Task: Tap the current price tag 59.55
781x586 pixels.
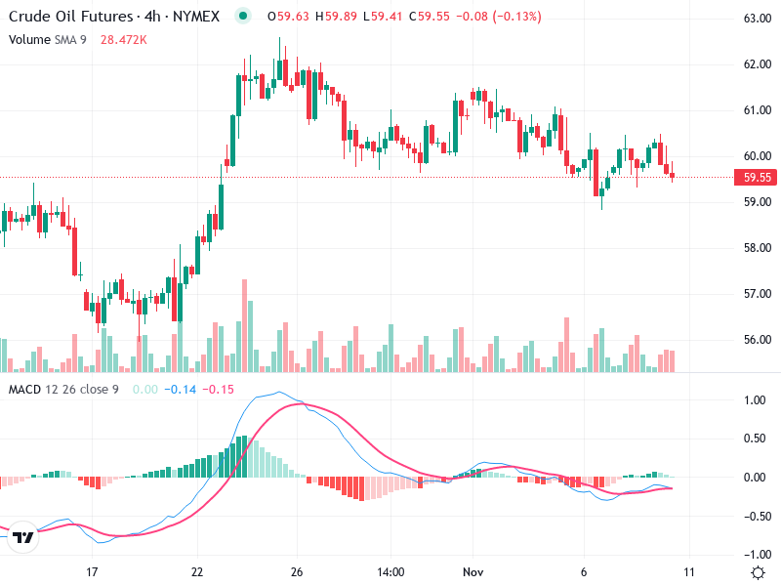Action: pyautogui.click(x=758, y=178)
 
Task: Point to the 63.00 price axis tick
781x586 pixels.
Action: pyautogui.click(x=758, y=19)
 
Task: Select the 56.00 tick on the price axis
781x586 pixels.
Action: pyautogui.click(x=758, y=340)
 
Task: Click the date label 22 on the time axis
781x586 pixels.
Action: pyautogui.click(x=197, y=571)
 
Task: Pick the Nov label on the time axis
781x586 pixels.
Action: pyautogui.click(x=473, y=571)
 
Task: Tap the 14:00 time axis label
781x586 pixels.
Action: pyautogui.click(x=390, y=571)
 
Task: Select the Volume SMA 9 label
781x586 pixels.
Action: pyautogui.click(x=48, y=39)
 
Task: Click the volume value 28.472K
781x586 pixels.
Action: pyautogui.click(x=124, y=39)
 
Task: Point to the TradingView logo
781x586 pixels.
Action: pyautogui.click(x=23, y=537)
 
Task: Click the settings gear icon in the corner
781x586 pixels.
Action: pyautogui.click(x=758, y=571)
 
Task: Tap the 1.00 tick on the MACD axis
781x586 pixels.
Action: pyautogui.click(x=756, y=400)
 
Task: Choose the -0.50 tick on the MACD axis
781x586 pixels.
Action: pyautogui.click(x=754, y=517)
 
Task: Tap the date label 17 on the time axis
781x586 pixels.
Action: pyautogui.click(x=92, y=571)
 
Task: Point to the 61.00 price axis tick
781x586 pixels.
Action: pyautogui.click(x=758, y=110)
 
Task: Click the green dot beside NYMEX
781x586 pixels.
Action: pyautogui.click(x=243, y=16)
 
